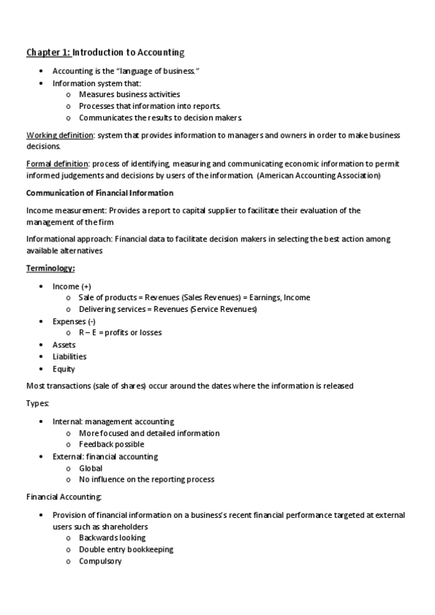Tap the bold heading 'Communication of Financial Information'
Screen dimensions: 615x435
99,193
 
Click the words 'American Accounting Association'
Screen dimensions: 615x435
318,176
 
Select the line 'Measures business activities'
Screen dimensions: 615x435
129,94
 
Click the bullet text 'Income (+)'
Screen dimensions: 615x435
72,286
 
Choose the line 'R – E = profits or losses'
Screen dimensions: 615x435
120,332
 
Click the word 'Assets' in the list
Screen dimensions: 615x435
64,344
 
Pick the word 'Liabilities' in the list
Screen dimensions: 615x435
69,356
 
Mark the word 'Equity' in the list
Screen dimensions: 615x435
64,368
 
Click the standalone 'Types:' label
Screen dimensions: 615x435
38,403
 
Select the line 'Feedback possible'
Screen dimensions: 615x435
111,444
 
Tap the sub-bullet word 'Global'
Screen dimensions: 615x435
91,468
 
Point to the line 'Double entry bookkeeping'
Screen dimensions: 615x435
126,549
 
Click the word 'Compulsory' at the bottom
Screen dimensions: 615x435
100,561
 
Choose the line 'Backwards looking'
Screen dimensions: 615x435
112,537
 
